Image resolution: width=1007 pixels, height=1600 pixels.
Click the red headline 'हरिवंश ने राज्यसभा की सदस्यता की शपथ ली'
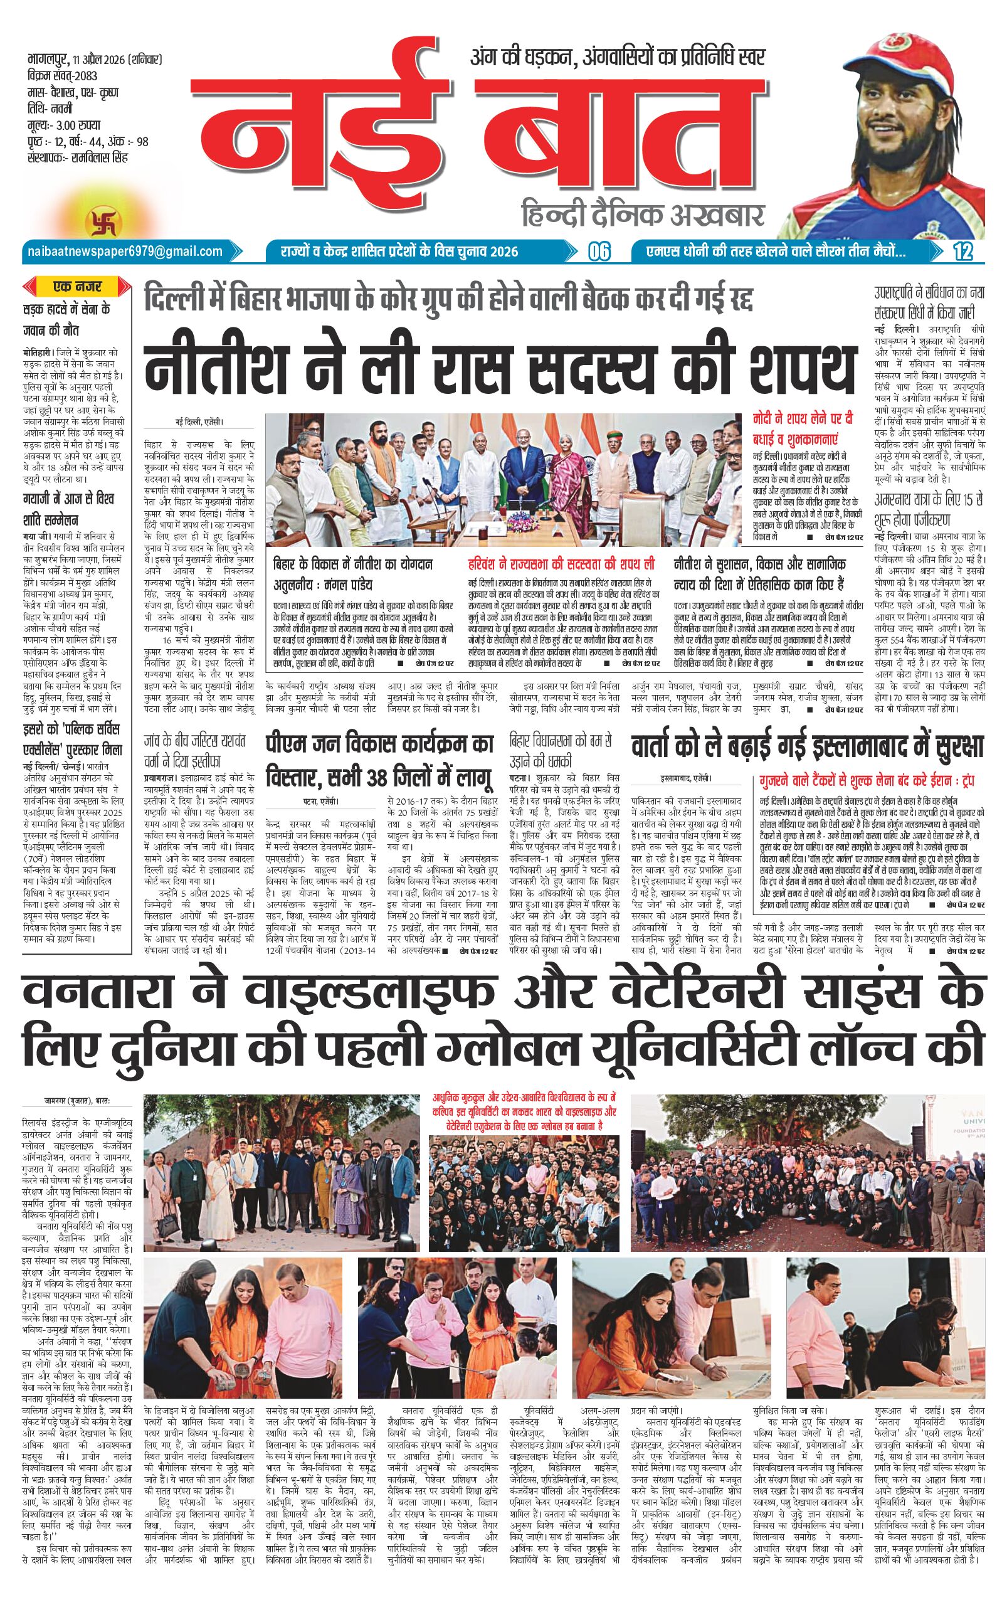click(x=561, y=564)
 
